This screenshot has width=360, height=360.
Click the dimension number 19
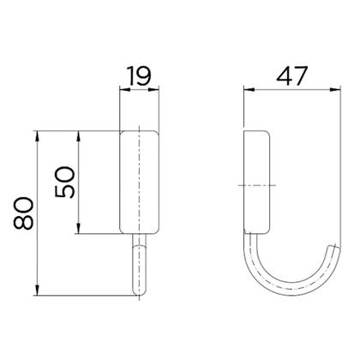[x=139, y=75]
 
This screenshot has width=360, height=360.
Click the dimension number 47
[x=292, y=76]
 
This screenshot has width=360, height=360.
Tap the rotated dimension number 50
[x=65, y=183]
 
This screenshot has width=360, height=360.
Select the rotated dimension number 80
[x=23, y=213]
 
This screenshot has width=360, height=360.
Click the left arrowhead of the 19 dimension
[x=125, y=90]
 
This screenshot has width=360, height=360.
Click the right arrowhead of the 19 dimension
[x=153, y=90]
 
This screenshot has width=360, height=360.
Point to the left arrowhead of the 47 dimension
[x=249, y=90]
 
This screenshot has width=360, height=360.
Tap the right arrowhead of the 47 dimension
[x=335, y=90]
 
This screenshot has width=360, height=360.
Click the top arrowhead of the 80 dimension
[x=37, y=136]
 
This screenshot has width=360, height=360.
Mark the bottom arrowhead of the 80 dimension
[x=37, y=290]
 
